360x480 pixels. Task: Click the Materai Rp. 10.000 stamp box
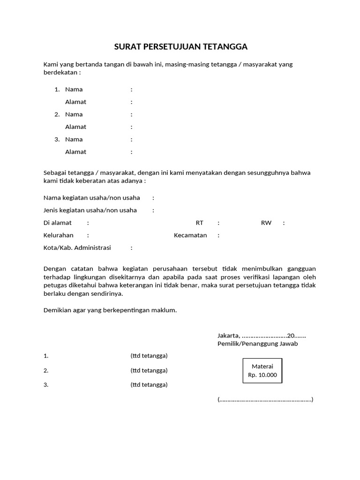(x=262, y=371)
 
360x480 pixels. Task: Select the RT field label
(x=200, y=223)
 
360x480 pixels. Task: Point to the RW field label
(x=266, y=223)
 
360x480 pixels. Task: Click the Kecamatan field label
(x=190, y=235)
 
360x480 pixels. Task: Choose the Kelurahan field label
(x=59, y=235)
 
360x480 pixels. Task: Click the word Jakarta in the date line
(x=228, y=336)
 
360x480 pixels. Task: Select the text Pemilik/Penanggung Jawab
(x=257, y=344)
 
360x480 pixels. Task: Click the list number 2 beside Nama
(x=57, y=114)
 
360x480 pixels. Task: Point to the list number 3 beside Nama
(x=57, y=139)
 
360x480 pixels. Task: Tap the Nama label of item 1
(x=74, y=90)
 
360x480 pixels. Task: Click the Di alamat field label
(x=58, y=223)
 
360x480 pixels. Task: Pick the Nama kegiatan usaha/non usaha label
(x=91, y=198)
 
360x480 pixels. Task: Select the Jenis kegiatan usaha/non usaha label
(x=90, y=210)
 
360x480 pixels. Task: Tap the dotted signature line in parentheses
(x=265, y=400)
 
